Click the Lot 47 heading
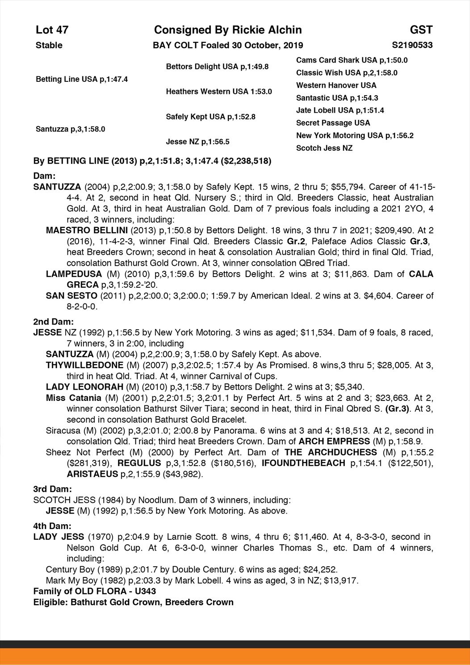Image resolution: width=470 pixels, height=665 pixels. coord(52,30)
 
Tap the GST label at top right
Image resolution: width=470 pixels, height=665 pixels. coord(421,30)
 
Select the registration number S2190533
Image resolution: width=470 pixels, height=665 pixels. coord(412,45)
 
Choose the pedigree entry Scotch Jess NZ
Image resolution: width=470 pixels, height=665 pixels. coord(324,148)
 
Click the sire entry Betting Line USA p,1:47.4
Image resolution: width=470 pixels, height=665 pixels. coord(82,79)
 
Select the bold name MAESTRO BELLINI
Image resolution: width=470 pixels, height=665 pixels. coord(88,231)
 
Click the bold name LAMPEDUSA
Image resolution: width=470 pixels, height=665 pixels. coord(74,274)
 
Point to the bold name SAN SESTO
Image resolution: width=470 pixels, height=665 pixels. coord(71,295)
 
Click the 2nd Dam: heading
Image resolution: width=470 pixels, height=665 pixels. coord(53,322)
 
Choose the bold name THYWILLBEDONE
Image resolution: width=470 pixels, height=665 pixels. coord(84,365)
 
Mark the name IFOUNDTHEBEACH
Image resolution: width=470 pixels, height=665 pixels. coord(303,463)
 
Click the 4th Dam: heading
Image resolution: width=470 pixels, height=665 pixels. coord(52,526)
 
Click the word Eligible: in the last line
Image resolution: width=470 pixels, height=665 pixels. coord(50,602)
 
